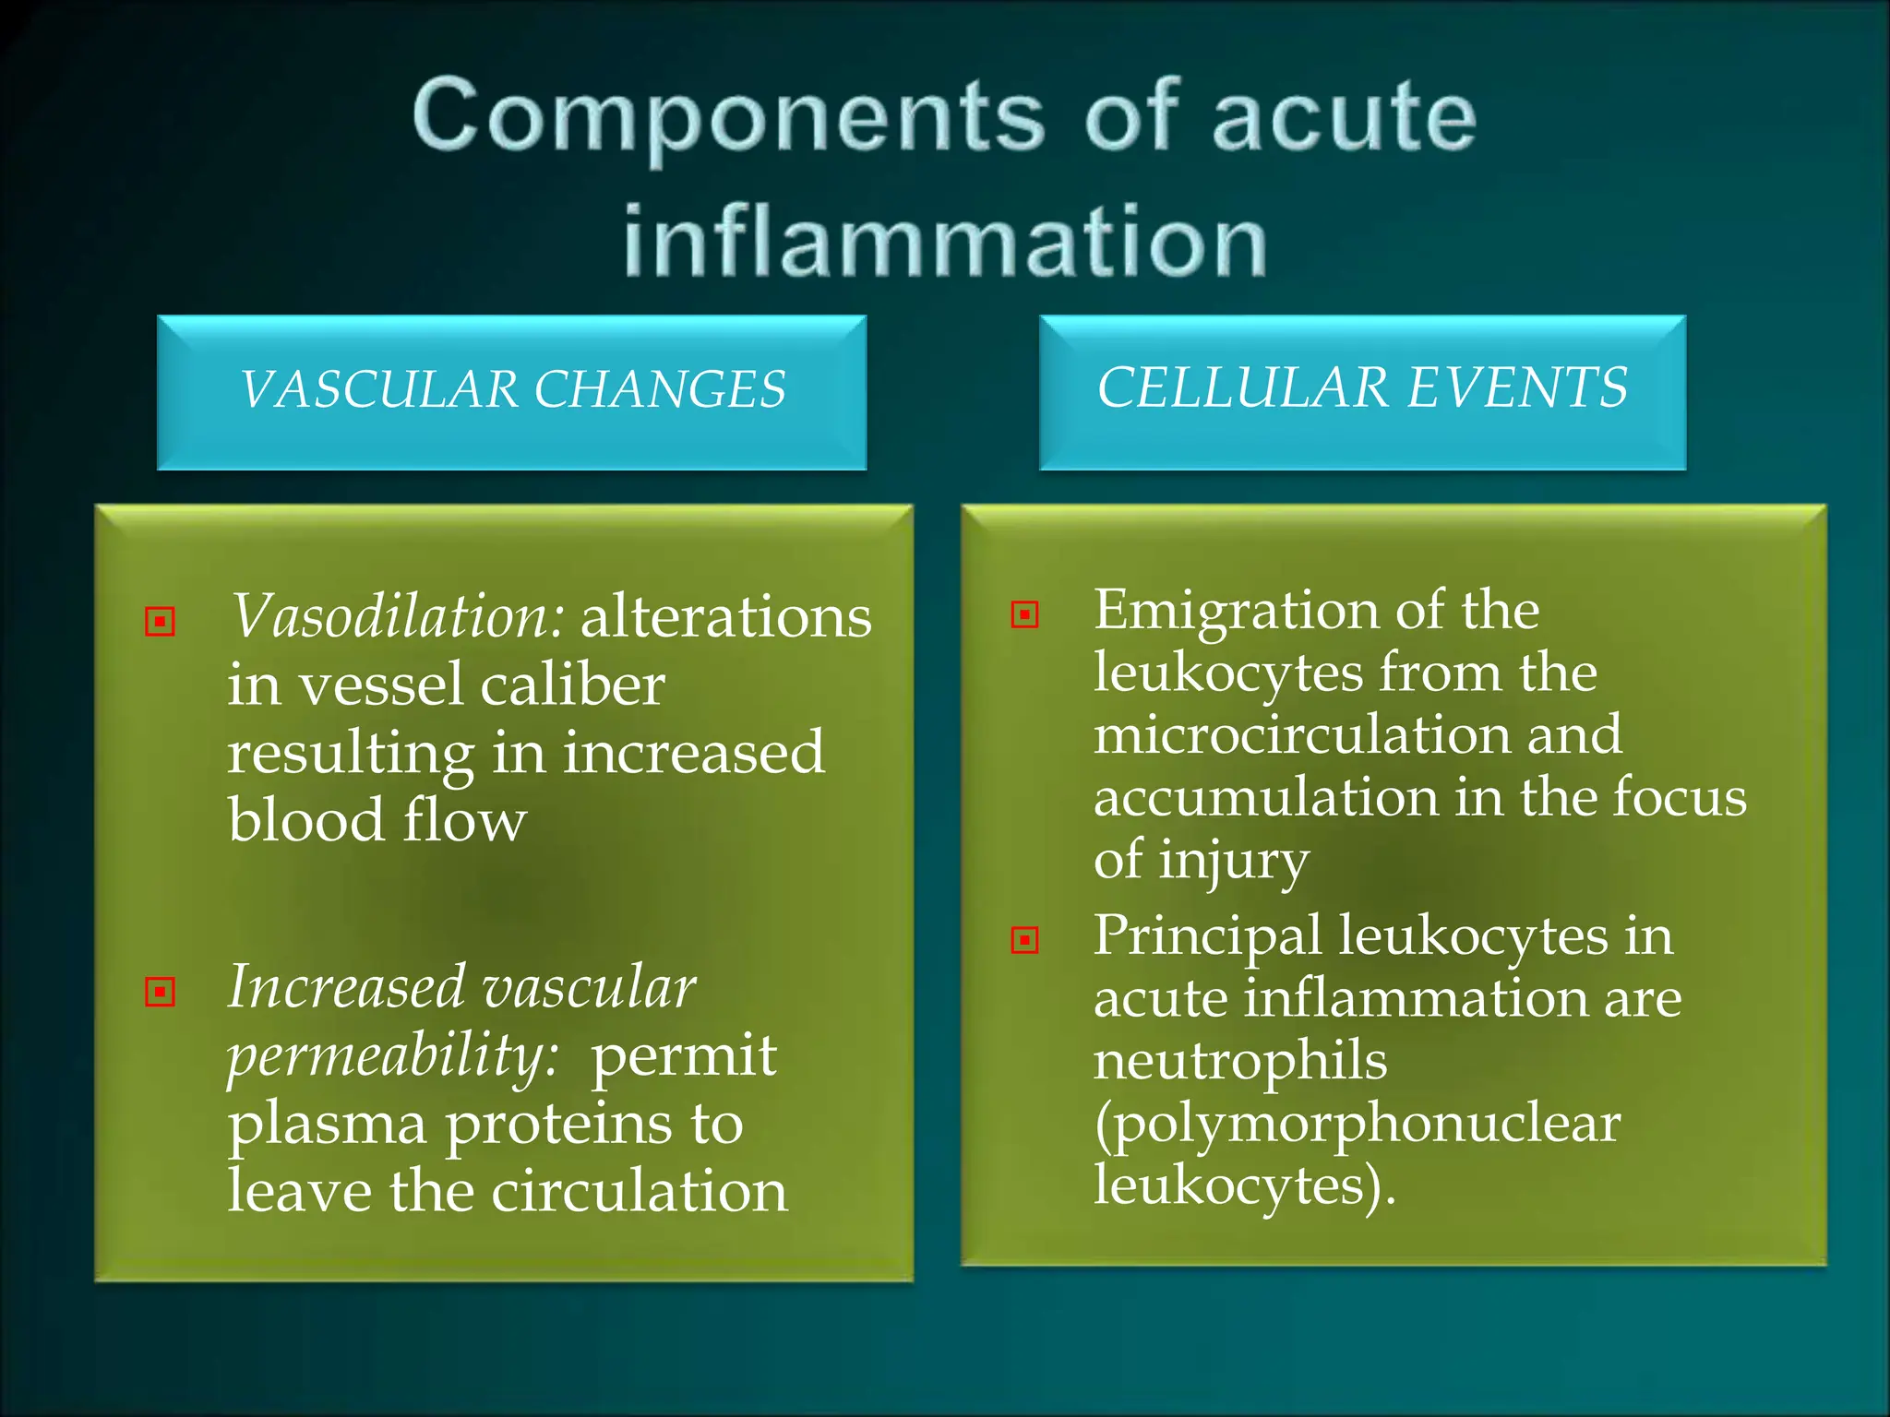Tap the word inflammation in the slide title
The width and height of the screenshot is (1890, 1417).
click(x=945, y=242)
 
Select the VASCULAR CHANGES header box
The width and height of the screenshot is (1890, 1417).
click(x=511, y=391)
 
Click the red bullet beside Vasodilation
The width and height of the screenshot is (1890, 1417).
click(x=161, y=621)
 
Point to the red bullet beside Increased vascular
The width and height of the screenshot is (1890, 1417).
click(x=161, y=992)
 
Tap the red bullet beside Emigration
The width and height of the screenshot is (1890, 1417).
click(x=1025, y=614)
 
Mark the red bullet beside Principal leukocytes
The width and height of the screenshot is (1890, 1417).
click(x=1025, y=940)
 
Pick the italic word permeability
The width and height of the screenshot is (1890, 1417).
click(x=393, y=1056)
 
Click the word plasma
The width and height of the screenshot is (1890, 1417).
click(x=328, y=1125)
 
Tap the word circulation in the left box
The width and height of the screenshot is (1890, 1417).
click(x=640, y=1191)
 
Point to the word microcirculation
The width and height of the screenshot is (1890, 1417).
click(x=1301, y=735)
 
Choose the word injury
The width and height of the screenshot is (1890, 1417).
click(x=1233, y=862)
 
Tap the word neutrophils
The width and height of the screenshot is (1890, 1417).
click(x=1240, y=1061)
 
